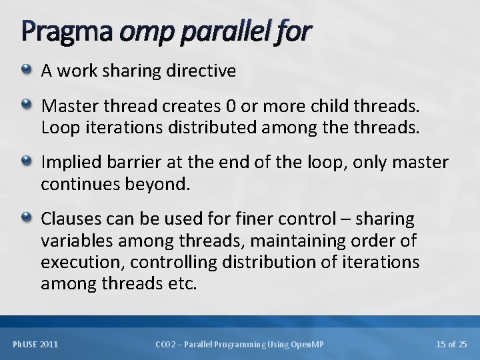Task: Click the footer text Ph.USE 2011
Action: (x=35, y=344)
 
